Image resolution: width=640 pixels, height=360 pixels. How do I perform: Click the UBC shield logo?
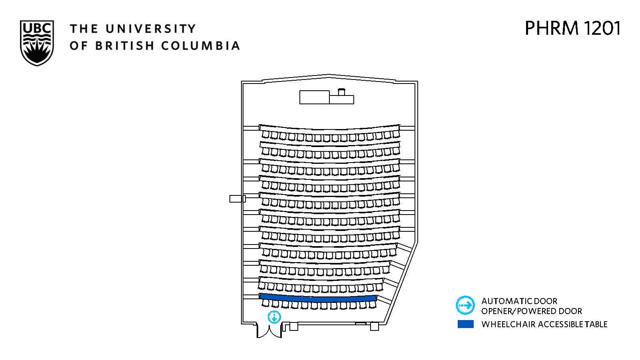(37, 43)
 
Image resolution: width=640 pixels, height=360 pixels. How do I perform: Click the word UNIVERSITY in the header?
(151, 29)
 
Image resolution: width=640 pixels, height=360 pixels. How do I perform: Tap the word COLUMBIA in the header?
(201, 46)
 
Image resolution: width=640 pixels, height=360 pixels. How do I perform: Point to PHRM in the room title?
(552, 28)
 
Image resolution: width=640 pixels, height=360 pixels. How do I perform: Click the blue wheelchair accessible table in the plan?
(318, 298)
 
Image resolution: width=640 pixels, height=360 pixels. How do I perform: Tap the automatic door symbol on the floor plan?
(274, 317)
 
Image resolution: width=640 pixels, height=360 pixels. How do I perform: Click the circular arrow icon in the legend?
(465, 305)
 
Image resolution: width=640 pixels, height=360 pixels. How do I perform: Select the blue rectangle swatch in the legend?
(465, 324)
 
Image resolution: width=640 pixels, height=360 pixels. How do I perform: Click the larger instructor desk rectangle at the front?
(315, 97)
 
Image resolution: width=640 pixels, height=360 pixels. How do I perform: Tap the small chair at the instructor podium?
(341, 92)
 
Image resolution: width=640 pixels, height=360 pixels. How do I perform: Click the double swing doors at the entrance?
(269, 330)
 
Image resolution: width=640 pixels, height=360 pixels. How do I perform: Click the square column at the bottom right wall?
(374, 326)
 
